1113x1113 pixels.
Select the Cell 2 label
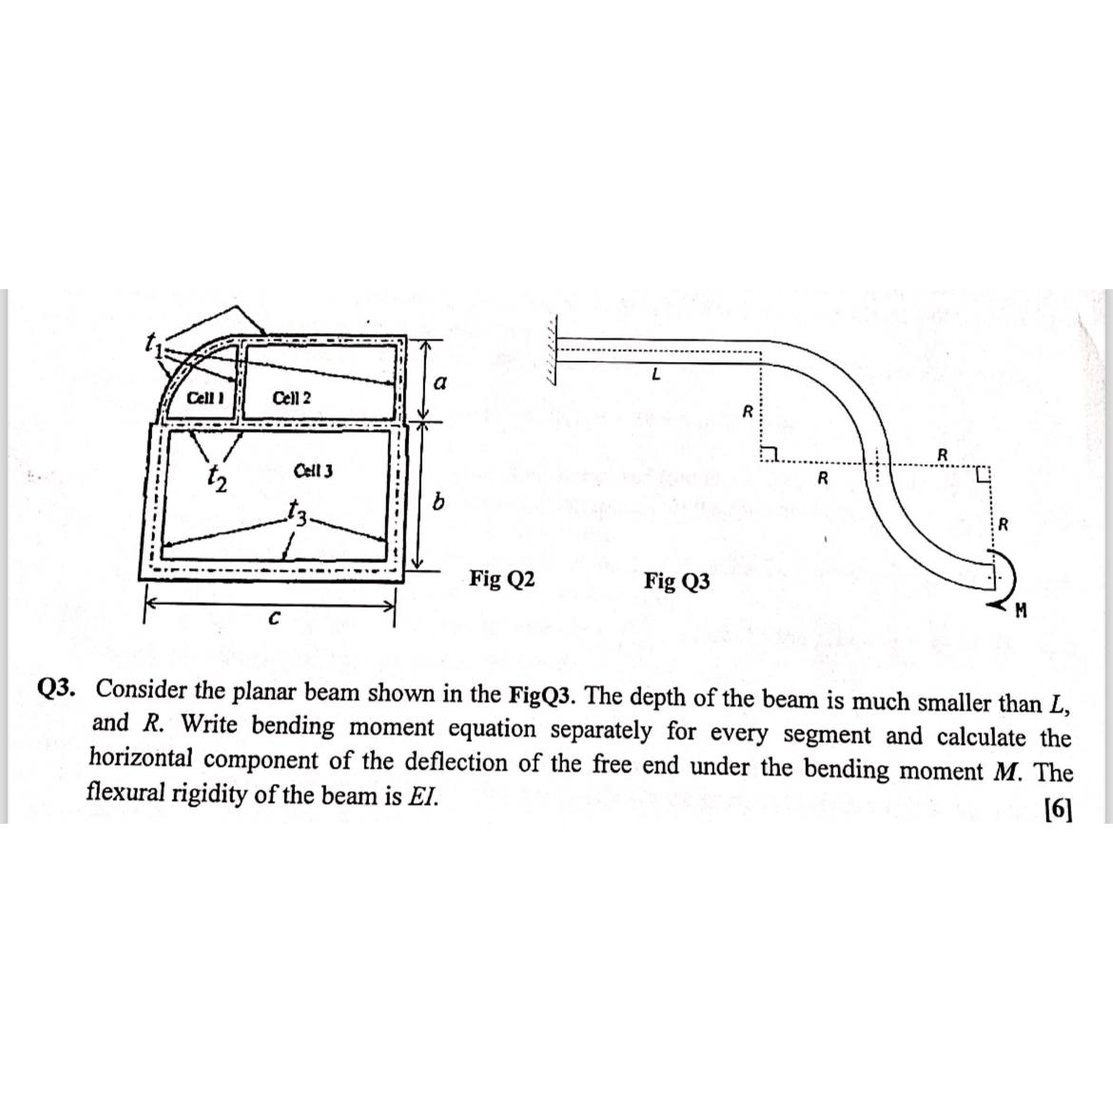point(291,397)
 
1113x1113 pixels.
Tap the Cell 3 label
point(313,471)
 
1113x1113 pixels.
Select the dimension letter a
point(439,381)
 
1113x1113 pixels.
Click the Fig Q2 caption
point(502,578)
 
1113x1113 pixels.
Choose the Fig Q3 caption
point(676,581)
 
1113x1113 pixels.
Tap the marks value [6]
point(1057,810)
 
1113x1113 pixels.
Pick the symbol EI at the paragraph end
point(423,795)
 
